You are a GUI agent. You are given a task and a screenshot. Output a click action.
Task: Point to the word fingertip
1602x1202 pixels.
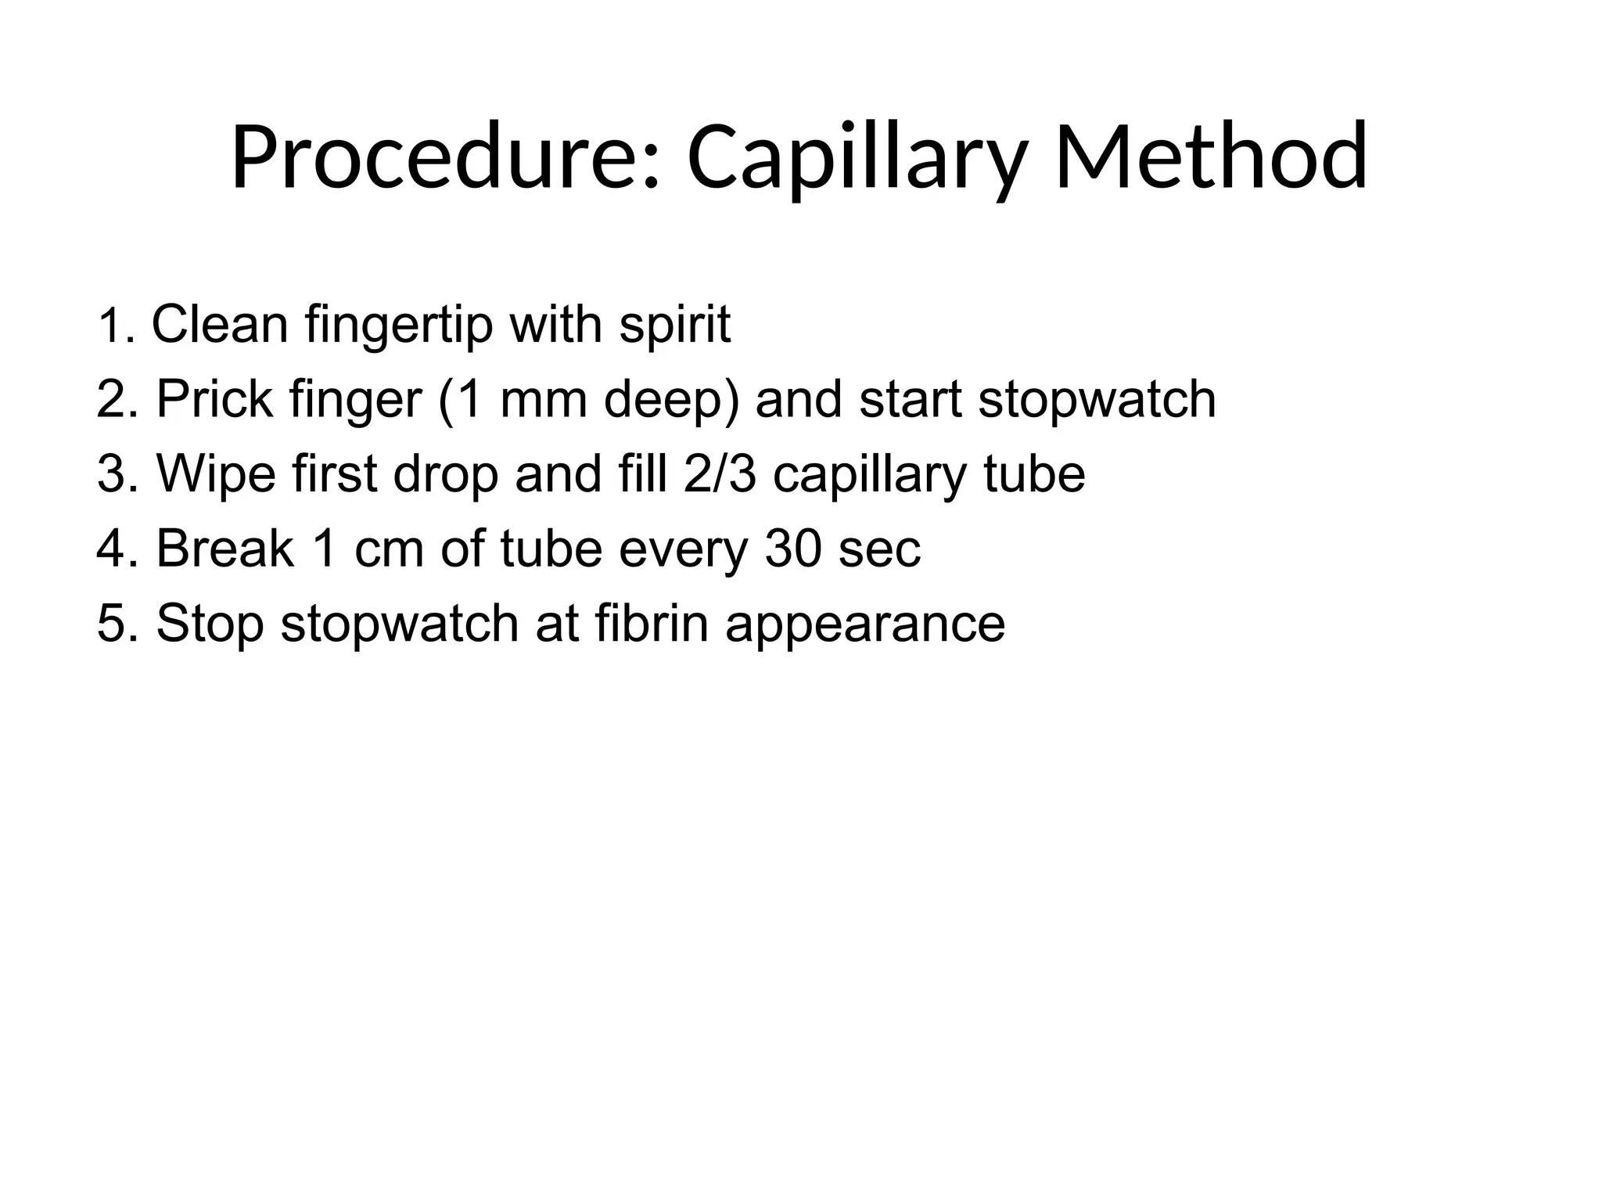coord(399,324)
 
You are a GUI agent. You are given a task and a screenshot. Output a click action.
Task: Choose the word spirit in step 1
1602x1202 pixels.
coord(675,324)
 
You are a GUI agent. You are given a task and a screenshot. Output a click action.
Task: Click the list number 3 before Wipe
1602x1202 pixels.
coord(111,474)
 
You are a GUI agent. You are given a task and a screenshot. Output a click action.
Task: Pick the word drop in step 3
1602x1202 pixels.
coord(446,474)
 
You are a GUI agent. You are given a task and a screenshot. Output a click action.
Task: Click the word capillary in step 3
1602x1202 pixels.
coord(868,474)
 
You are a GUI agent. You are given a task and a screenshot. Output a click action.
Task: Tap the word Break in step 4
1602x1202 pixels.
coord(225,549)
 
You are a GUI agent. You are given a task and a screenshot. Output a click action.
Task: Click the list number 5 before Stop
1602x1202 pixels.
coord(111,624)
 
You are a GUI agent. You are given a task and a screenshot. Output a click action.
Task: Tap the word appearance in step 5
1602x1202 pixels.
coord(864,624)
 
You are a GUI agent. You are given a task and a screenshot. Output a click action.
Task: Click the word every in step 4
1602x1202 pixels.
coord(684,549)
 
